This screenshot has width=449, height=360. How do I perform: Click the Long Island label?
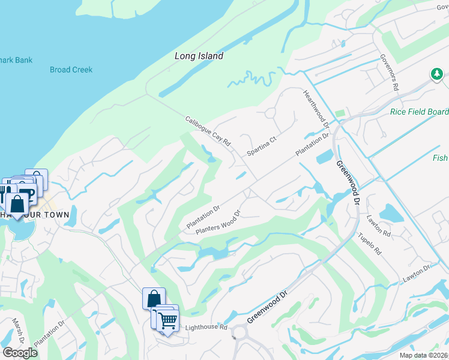[199, 56]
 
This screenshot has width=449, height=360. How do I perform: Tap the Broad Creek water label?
[71, 70]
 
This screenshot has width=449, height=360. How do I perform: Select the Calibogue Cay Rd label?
[208, 131]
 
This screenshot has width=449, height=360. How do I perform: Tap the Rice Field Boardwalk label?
[419, 112]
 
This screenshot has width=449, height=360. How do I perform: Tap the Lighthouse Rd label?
[206, 327]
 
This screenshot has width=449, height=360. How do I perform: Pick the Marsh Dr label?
[17, 331]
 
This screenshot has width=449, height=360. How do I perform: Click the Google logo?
[20, 353]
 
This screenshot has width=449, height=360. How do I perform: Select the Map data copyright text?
[423, 355]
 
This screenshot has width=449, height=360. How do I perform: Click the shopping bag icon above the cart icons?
[154, 297]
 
